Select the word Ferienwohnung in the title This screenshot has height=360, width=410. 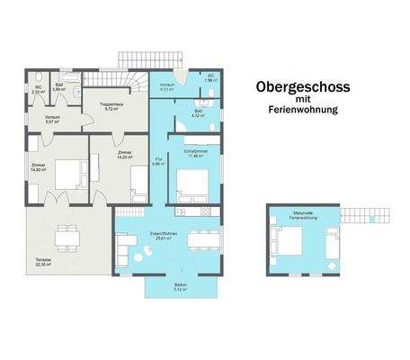coord(302,112)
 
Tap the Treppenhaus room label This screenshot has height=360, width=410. coord(111,106)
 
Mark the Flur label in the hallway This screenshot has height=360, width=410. coord(156,162)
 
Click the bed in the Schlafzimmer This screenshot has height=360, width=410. coord(192,184)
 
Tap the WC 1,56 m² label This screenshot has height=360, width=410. coord(209,78)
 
